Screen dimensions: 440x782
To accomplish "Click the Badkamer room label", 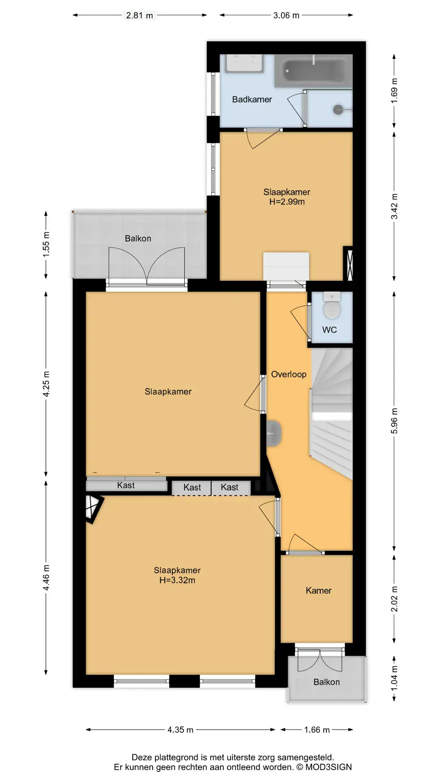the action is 252,99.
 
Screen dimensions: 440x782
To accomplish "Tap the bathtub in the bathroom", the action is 313,71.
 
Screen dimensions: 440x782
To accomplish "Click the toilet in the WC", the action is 332,306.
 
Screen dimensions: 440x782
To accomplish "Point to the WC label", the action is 330,330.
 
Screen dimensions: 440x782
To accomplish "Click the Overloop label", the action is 289,374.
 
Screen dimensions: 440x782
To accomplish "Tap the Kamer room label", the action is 319,591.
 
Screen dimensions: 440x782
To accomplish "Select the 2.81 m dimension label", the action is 139,15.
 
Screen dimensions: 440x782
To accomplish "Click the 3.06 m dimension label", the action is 286,15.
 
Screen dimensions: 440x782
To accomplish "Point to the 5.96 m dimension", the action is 394,421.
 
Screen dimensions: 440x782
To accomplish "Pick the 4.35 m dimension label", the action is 180,730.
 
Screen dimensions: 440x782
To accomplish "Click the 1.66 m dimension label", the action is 317,730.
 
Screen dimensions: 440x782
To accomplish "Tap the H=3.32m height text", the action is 177,580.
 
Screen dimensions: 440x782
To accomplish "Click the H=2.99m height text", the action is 287,202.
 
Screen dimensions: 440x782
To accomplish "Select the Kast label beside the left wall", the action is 126,485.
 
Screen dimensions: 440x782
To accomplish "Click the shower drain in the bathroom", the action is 338,109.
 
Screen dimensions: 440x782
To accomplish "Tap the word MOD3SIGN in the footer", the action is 328,767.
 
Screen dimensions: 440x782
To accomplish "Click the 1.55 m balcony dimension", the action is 46,244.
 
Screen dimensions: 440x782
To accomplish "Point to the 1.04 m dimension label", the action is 394,679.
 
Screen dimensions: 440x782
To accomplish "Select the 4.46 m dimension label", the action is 46,578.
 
